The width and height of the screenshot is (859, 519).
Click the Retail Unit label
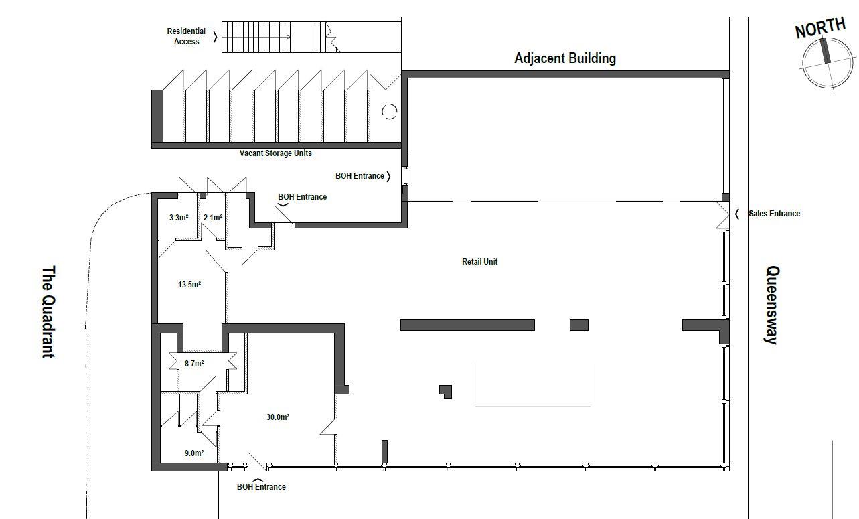pos(480,262)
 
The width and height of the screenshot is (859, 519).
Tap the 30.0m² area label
pos(278,417)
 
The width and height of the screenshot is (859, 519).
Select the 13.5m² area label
pos(189,284)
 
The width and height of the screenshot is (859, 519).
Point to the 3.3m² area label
pos(179,218)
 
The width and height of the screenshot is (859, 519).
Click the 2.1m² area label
pos(213,218)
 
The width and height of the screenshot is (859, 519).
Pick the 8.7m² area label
pos(194,363)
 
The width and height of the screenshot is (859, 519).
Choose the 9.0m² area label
pos(194,453)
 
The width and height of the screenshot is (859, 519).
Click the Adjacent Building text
pos(565,58)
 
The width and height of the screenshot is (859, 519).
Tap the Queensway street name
pos(773,305)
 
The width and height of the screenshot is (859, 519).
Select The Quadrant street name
pos(48,312)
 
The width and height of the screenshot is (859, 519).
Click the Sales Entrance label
pos(774,214)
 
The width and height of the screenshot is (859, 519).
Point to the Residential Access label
pos(186,36)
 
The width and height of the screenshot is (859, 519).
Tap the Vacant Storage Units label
pos(275,153)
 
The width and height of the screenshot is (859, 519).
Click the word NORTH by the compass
pos(820,28)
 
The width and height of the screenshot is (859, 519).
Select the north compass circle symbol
pos(829,63)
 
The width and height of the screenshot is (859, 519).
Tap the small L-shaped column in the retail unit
pos(445,391)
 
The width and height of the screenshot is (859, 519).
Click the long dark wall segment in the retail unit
pos(467,325)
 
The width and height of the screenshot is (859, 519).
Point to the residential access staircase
pos(311,37)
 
